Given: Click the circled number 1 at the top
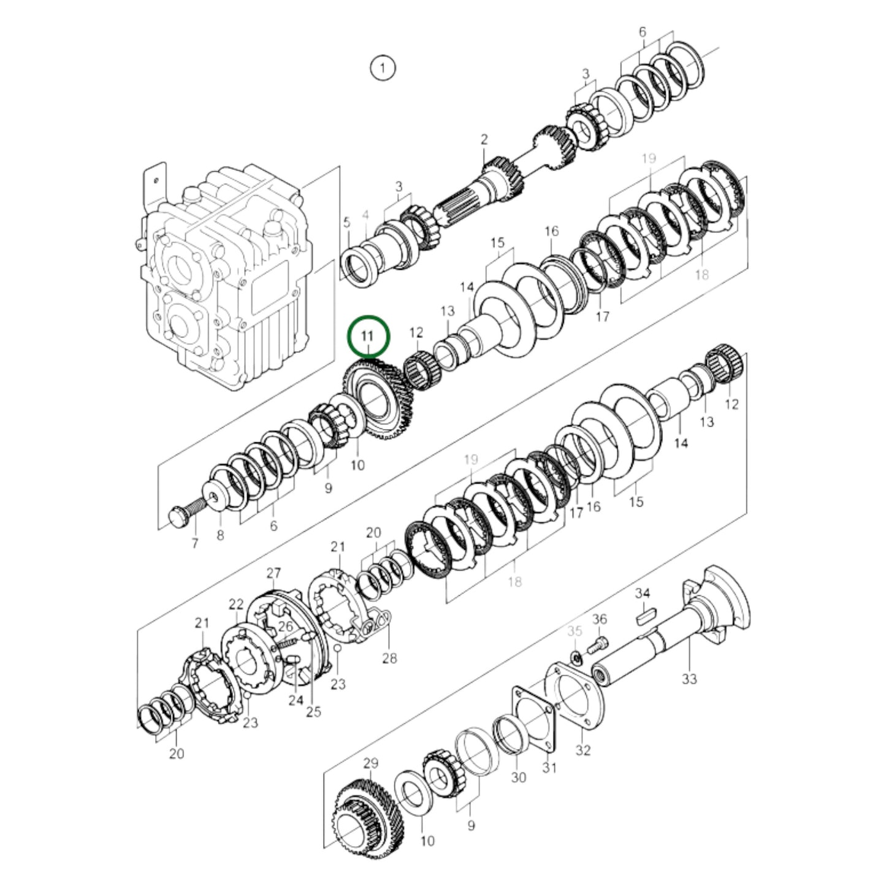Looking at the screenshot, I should pyautogui.click(x=383, y=67).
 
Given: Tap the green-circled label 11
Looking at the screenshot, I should pyautogui.click(x=368, y=335).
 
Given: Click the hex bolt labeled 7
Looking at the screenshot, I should pyautogui.click(x=180, y=515).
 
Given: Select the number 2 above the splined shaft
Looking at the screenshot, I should pyautogui.click(x=484, y=140).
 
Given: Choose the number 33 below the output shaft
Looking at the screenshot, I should pyautogui.click(x=690, y=679).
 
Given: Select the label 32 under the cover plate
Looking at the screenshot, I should pyautogui.click(x=583, y=750).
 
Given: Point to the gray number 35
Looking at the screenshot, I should pyautogui.click(x=575, y=631).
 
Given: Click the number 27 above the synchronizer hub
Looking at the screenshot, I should pyautogui.click(x=273, y=573).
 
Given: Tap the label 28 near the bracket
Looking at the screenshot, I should pyautogui.click(x=389, y=658).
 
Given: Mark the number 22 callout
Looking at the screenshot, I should pyautogui.click(x=237, y=604).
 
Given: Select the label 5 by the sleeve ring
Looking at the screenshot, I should pyautogui.click(x=346, y=222).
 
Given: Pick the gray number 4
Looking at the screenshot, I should pyautogui.click(x=366, y=215).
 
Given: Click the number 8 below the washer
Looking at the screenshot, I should pyautogui.click(x=220, y=535).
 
